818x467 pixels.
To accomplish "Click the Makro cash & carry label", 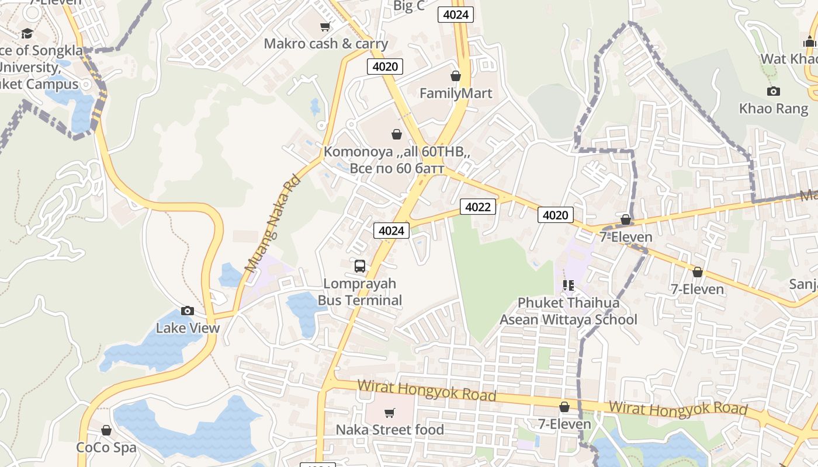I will pyautogui.click(x=325, y=44).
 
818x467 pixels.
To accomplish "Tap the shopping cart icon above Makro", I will pyautogui.click(x=325, y=26).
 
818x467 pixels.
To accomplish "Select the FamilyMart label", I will pyautogui.click(x=456, y=93).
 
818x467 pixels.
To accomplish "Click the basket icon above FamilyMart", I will pyautogui.click(x=456, y=76).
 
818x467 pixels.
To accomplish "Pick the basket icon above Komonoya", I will pyautogui.click(x=397, y=134).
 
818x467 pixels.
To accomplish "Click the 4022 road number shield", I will pyautogui.click(x=477, y=206).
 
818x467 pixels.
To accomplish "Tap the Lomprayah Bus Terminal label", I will pyautogui.click(x=360, y=292).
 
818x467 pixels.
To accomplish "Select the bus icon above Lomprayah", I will pyautogui.click(x=360, y=266).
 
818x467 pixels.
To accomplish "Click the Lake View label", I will pyautogui.click(x=188, y=328).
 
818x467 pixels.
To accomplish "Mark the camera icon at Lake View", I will pyautogui.click(x=188, y=311).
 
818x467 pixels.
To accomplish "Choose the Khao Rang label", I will pyautogui.click(x=774, y=109).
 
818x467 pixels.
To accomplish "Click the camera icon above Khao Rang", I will pyautogui.click(x=774, y=91).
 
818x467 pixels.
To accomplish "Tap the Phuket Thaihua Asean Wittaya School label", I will pyautogui.click(x=568, y=311).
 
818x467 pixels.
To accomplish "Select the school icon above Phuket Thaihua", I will pyautogui.click(x=568, y=285).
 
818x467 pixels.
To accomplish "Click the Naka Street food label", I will pyautogui.click(x=390, y=430).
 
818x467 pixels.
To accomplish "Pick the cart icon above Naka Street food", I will pyautogui.click(x=390, y=413).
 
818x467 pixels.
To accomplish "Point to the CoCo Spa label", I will pyautogui.click(x=106, y=448).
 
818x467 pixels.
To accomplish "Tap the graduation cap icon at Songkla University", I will pyautogui.click(x=27, y=33).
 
